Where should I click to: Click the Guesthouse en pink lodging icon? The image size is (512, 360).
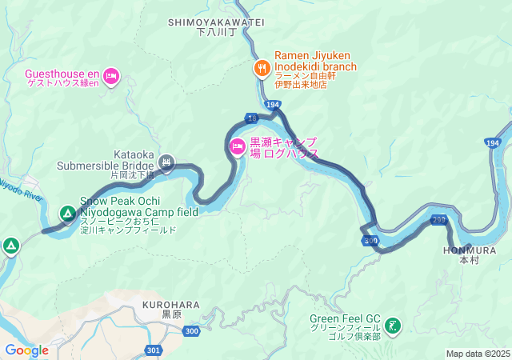tap(110, 77)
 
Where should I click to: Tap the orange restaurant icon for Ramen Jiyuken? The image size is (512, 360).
tap(261, 68)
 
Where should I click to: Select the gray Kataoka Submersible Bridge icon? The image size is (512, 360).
tap(166, 162)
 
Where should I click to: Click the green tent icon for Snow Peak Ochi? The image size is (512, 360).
tap(67, 214)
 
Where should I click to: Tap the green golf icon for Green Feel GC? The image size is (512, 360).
tap(393, 325)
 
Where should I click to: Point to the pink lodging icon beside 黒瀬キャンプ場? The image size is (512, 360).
tap(238, 146)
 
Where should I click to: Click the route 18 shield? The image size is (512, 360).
tap(252, 118)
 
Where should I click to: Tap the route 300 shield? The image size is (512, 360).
tap(370, 240)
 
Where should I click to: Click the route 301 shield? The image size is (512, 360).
tap(154, 350)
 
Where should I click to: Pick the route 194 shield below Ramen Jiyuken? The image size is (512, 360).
tap(273, 105)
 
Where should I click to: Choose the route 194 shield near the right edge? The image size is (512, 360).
tap(493, 142)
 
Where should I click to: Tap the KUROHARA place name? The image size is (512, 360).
tap(171, 305)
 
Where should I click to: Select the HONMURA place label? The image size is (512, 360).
tap(469, 250)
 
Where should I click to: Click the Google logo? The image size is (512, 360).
tap(26, 350)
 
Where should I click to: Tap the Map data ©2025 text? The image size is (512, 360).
tap(477, 354)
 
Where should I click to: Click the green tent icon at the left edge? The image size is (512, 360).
tap(10, 245)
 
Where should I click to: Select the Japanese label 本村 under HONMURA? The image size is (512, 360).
tap(468, 261)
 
